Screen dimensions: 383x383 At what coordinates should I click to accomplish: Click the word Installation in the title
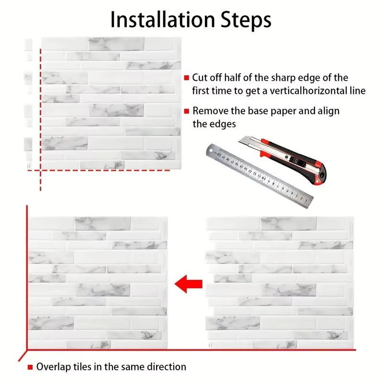(163, 19)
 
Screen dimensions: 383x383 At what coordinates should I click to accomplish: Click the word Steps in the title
(246, 20)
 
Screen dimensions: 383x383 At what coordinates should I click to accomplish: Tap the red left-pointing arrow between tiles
(189, 284)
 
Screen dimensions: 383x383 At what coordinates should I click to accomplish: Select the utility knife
(282, 159)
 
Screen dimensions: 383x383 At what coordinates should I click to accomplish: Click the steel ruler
(259, 176)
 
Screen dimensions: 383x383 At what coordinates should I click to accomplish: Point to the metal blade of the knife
(247, 141)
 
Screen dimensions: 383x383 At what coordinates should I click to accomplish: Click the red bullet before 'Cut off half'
(187, 78)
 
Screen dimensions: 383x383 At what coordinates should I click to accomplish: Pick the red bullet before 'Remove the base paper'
(187, 111)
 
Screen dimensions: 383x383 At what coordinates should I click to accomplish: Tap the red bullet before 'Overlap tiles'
(30, 367)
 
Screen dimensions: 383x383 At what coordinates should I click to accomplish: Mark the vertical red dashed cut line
(40, 119)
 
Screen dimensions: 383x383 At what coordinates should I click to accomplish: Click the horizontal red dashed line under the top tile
(99, 170)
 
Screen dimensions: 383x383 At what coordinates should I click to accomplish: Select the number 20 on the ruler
(220, 155)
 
